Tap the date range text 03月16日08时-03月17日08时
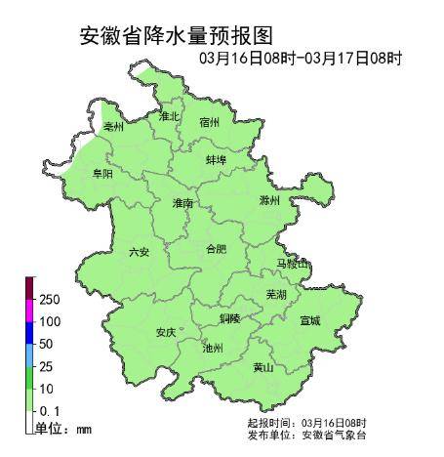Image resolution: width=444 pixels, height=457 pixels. click(300, 59)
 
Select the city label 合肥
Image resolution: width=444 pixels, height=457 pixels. click(216, 249)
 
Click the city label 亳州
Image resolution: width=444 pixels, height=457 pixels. click(114, 127)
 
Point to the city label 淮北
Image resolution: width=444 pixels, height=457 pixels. click(170, 116)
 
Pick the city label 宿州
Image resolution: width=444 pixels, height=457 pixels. click(210, 122)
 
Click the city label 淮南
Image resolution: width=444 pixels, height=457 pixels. click(183, 203)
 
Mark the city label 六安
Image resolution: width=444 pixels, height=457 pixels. click(140, 252)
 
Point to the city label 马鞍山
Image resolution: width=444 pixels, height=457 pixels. click(291, 265)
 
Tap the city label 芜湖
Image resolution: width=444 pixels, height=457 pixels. click(276, 294)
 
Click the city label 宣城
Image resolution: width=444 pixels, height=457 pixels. click(310, 319)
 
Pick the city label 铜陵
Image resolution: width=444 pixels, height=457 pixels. click(230, 318)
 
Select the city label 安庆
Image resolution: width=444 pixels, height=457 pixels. click(166, 332)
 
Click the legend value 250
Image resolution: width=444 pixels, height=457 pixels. click(50, 299)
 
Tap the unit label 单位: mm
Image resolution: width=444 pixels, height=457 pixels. click(63, 429)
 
